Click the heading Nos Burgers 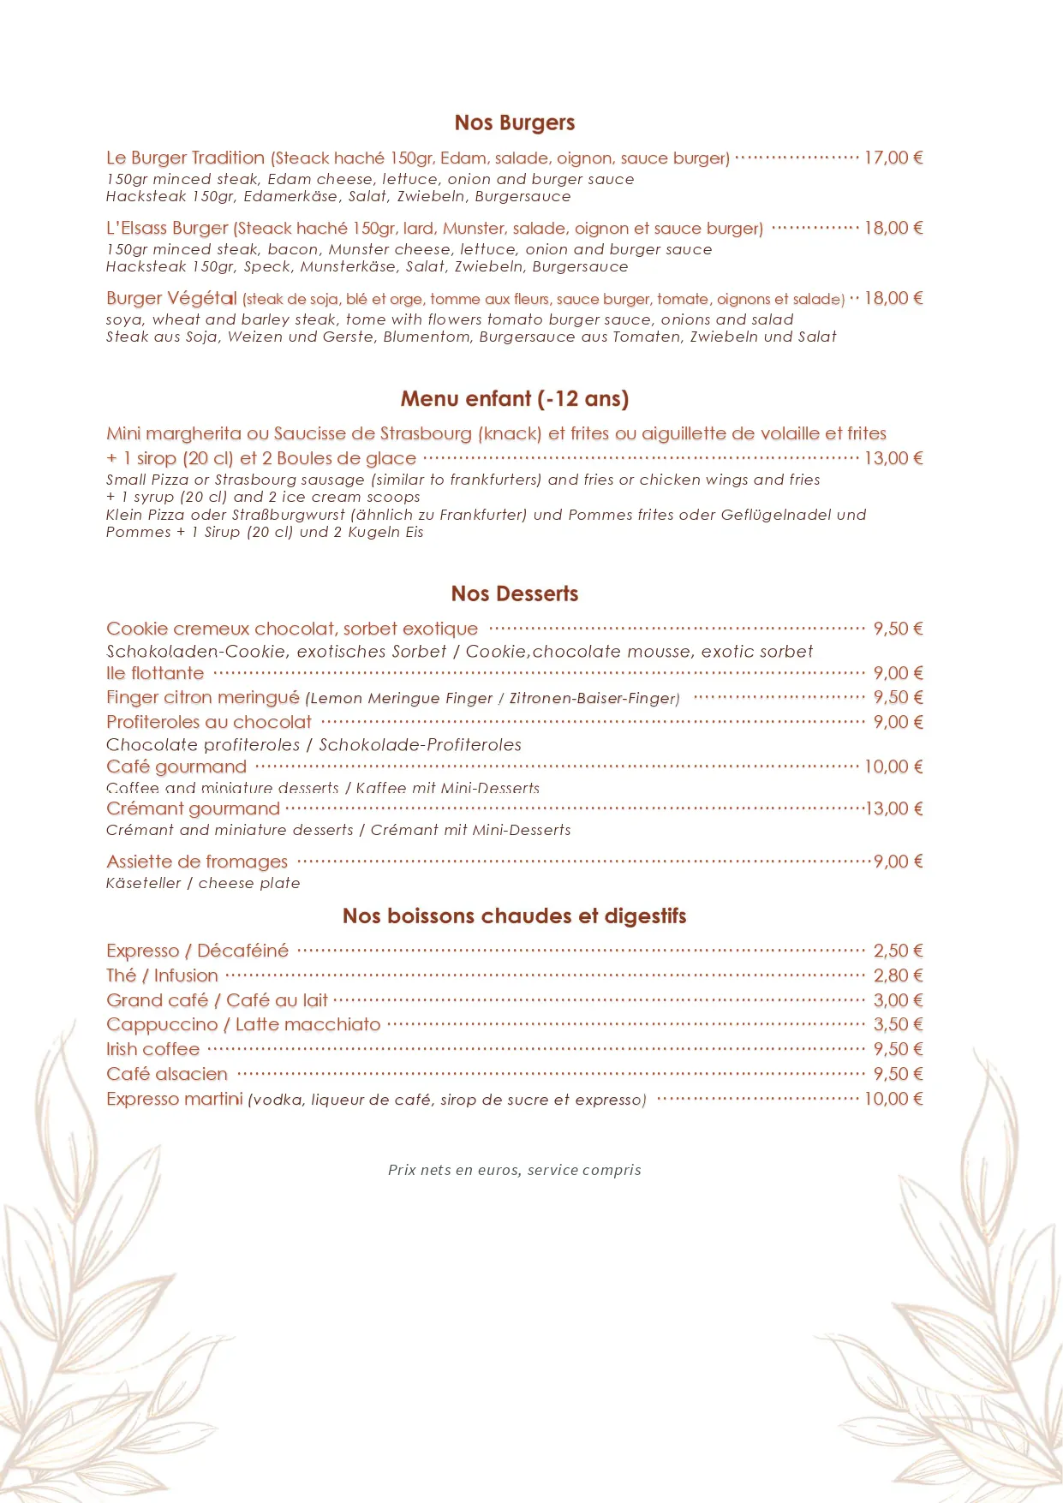click(514, 123)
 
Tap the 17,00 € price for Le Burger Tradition click(893, 158)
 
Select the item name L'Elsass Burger click(167, 229)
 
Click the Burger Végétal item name click(171, 298)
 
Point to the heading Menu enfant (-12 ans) click(514, 399)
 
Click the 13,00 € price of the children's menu click(893, 458)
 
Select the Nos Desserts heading click(514, 593)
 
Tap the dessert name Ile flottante click(155, 673)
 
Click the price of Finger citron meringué click(898, 697)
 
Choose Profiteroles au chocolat click(209, 722)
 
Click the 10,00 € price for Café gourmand click(893, 766)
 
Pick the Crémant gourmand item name click(193, 808)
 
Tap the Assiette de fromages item click(197, 862)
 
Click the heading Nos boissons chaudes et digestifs click(514, 916)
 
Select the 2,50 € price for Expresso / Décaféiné click(898, 951)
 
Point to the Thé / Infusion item click(162, 975)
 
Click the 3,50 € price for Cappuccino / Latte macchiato click(898, 1024)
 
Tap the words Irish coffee click(152, 1049)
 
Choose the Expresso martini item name click(175, 1099)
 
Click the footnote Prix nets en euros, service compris click(514, 1170)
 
